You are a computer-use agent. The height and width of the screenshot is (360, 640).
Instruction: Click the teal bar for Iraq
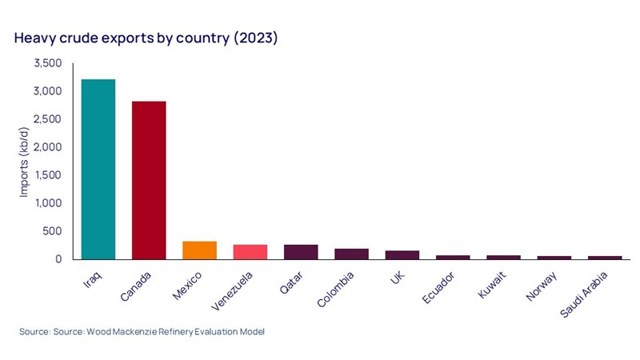click(x=98, y=169)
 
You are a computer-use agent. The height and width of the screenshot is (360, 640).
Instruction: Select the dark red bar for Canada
click(x=148, y=180)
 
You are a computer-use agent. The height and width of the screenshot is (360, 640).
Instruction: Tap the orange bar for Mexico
click(x=199, y=250)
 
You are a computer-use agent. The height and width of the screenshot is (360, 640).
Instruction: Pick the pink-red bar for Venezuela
click(x=250, y=252)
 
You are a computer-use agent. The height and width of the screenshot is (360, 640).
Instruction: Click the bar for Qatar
click(x=301, y=252)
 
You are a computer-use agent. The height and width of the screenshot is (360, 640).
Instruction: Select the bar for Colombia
click(x=351, y=254)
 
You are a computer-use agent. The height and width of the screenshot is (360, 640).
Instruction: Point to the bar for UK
click(x=402, y=255)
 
